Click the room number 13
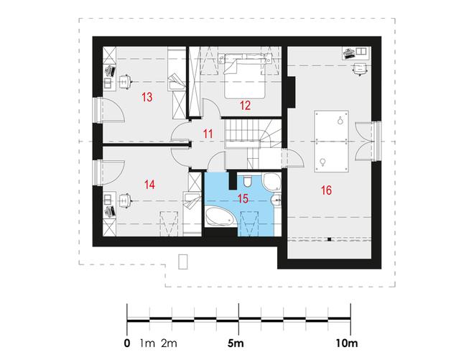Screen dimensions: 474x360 pyautogui.click(x=147, y=97)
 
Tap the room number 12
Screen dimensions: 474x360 pyautogui.click(x=245, y=106)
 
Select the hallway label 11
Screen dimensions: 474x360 pyautogui.click(x=208, y=134)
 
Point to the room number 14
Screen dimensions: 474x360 pyautogui.click(x=149, y=184)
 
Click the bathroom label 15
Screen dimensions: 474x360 pyautogui.click(x=243, y=198)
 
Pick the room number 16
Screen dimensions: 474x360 pyautogui.click(x=326, y=190)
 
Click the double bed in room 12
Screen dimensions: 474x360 pyautogui.click(x=245, y=76)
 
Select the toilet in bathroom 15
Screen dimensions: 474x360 pyautogui.click(x=247, y=181)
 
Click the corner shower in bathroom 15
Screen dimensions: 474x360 pyautogui.click(x=272, y=181)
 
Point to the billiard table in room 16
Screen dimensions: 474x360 pyautogui.click(x=331, y=142)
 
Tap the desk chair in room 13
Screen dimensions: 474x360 pyautogui.click(x=125, y=81)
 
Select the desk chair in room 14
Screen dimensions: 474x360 pyautogui.click(x=125, y=200)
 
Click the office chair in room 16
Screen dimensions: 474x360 pyautogui.click(x=359, y=69)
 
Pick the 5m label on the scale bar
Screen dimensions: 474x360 pyautogui.click(x=236, y=343)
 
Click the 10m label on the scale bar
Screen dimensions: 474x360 pyautogui.click(x=346, y=343)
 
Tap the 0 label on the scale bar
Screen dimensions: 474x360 pyautogui.click(x=127, y=343)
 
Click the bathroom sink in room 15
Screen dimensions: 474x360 pyautogui.click(x=276, y=199)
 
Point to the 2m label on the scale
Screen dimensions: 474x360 pyautogui.click(x=169, y=343)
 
